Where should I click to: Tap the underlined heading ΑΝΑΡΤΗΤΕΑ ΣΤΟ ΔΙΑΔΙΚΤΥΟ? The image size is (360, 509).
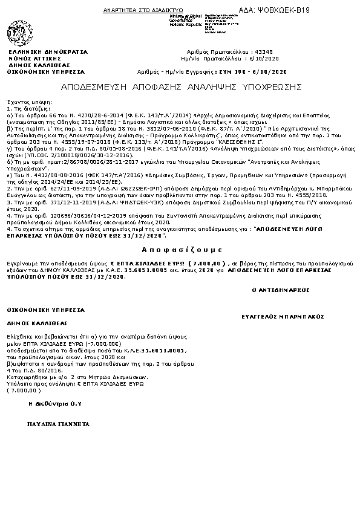[135, 11]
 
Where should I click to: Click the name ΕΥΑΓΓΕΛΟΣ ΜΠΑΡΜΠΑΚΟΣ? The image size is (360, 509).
[283, 316]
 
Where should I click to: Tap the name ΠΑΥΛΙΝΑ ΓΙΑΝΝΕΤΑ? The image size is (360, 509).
[59, 424]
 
